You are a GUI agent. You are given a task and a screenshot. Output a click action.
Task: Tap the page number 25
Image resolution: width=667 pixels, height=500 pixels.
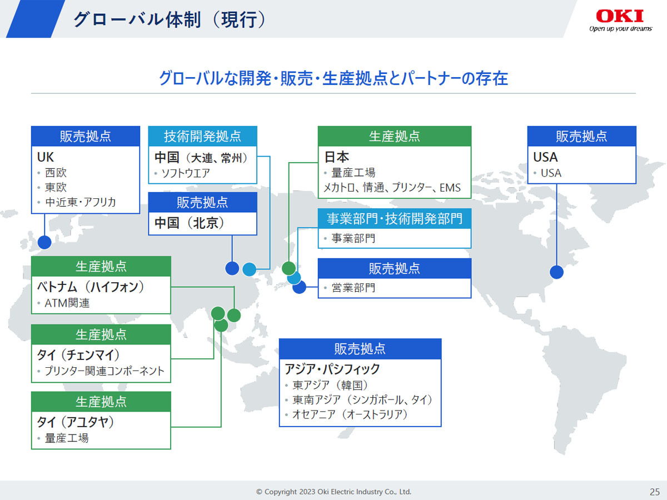(655, 492)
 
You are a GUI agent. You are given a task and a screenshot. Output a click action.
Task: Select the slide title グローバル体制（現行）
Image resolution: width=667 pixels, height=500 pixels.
(170, 20)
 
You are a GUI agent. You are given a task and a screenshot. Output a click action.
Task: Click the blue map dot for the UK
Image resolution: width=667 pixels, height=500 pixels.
(44, 242)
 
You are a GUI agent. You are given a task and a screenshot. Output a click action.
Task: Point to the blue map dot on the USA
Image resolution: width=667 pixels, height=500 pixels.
(556, 272)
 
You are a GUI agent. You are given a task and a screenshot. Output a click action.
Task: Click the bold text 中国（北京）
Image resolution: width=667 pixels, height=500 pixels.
(190, 223)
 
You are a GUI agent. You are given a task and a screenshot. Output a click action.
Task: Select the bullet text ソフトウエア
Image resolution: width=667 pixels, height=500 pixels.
(185, 173)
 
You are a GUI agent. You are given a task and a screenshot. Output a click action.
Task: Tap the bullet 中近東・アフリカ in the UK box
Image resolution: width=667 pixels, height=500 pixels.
(81, 202)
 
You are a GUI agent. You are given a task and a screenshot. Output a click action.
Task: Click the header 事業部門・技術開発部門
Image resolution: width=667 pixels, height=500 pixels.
(395, 218)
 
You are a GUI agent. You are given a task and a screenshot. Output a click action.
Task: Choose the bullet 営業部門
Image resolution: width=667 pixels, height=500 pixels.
(354, 287)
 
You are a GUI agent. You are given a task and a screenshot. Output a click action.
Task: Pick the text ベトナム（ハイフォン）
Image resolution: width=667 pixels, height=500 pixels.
(91, 287)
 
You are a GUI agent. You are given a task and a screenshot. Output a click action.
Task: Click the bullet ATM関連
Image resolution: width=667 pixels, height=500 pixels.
(67, 303)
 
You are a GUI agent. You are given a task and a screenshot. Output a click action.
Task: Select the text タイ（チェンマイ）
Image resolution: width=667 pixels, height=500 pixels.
(78, 354)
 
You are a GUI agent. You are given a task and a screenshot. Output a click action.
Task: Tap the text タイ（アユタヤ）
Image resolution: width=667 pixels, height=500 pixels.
(76, 422)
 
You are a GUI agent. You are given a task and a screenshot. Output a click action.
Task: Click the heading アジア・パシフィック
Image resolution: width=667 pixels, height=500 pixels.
(332, 369)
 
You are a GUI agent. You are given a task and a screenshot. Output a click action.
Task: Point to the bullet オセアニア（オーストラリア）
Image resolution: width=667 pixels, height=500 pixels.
(350, 414)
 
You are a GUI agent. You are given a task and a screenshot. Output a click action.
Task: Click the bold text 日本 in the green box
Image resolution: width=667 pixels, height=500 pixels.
(337, 157)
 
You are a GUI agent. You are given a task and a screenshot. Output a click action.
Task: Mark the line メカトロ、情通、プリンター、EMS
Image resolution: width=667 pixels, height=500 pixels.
(392, 188)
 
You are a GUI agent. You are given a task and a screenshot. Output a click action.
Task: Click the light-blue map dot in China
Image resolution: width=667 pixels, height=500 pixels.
(249, 269)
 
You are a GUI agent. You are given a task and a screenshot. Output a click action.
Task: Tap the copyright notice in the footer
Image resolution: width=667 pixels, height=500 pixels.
(333, 492)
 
